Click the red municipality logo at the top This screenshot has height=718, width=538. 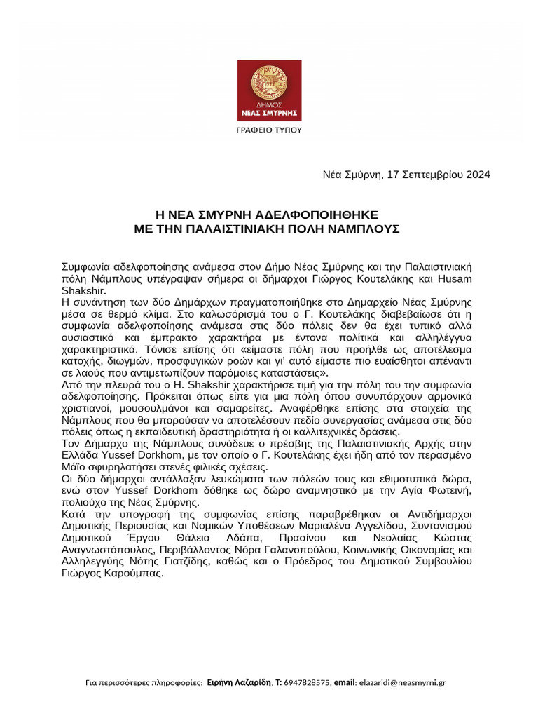(x=269, y=89)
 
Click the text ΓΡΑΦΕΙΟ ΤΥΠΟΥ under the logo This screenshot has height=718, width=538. (x=269, y=130)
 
